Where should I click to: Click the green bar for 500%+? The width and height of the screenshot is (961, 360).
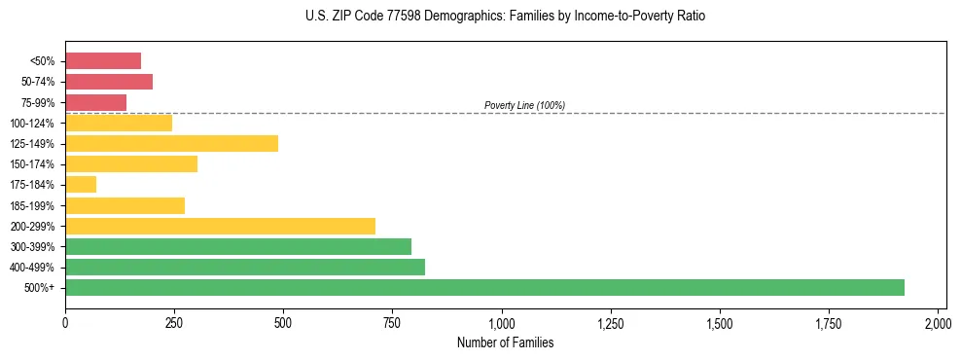tap(484, 287)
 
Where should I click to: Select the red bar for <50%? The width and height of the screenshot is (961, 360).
tap(103, 61)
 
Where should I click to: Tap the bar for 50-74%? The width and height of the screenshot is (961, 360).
tap(109, 82)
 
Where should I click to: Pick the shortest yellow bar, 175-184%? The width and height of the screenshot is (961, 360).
tap(81, 184)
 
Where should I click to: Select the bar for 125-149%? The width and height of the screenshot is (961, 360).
tap(171, 143)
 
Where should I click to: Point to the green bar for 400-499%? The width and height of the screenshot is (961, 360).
tap(245, 267)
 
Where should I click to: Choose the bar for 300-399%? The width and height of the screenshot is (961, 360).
tap(238, 246)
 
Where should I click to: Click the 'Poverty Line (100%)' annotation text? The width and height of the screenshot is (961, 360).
tap(524, 105)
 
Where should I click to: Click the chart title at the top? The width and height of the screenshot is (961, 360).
tap(505, 17)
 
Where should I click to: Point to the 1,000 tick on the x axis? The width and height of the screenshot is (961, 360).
tap(502, 322)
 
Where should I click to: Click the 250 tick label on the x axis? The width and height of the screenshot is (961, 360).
tap(174, 322)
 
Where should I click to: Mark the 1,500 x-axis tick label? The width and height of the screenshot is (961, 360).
tap(720, 322)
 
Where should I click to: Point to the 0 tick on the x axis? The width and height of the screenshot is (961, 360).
tap(65, 322)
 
